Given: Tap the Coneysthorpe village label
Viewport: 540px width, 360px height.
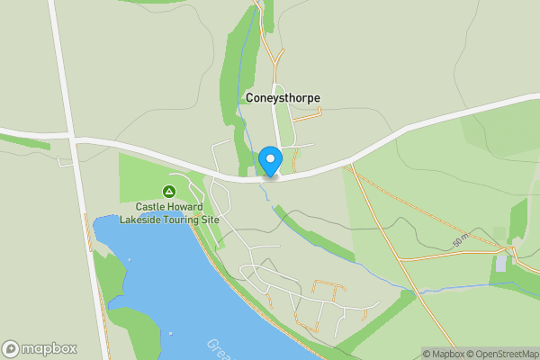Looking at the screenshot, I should (x=282, y=98).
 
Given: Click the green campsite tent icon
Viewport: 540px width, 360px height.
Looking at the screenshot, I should (x=168, y=191).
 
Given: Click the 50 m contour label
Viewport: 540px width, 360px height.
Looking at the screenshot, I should (x=460, y=241).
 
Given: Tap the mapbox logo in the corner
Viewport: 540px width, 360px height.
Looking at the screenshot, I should (x=40, y=348).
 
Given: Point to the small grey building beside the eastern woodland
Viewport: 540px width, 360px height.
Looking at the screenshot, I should (x=499, y=262).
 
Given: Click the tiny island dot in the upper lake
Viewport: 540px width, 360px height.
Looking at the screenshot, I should (x=130, y=260).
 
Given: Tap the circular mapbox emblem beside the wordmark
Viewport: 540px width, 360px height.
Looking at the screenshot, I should (x=11, y=348).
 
